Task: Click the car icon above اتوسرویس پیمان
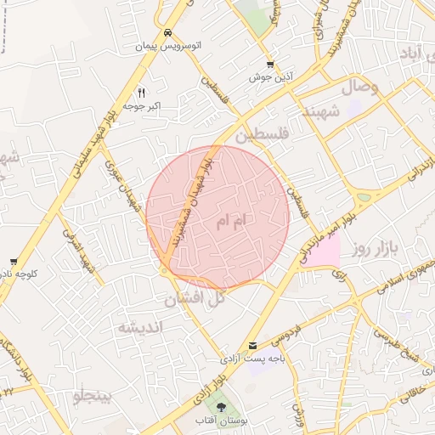167,33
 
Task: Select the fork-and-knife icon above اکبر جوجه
142,93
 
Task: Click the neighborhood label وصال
359,87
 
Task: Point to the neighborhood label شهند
321,113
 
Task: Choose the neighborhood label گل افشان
195,298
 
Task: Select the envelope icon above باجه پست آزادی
253,344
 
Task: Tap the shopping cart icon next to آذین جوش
270,64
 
